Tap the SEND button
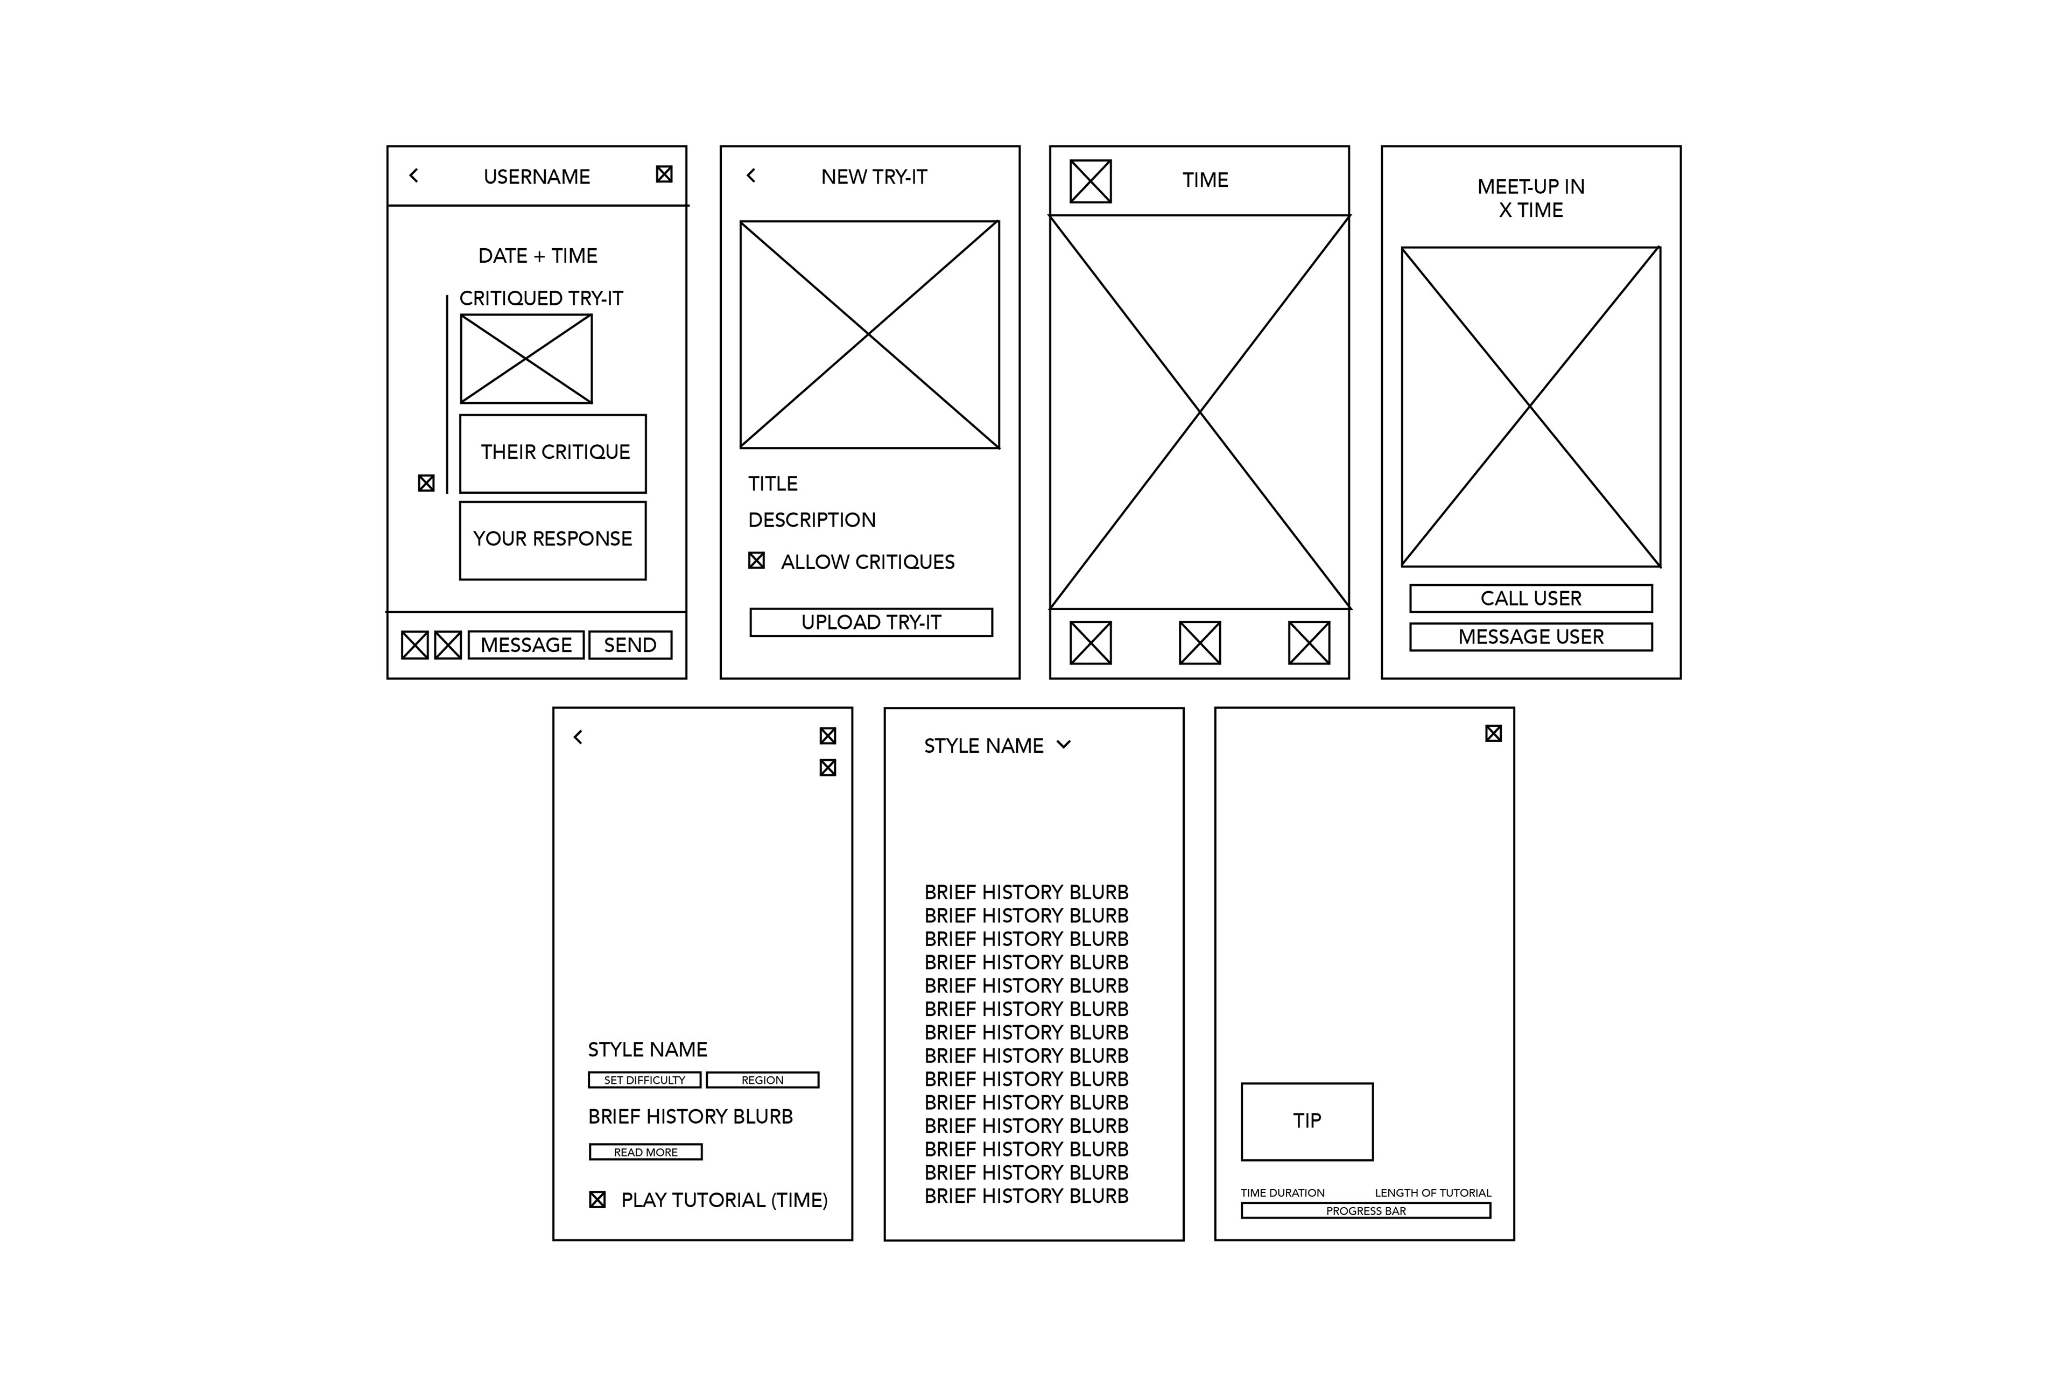coord(630,645)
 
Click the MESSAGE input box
coord(526,645)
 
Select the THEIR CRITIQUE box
coord(553,453)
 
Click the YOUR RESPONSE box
coord(553,541)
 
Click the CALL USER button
coord(1531,599)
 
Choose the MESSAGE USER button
coord(1531,637)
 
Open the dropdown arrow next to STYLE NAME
coord(1064,745)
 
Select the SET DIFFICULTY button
coord(645,1080)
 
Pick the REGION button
coord(763,1080)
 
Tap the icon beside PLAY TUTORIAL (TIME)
coord(597,1200)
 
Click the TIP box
coord(1307,1121)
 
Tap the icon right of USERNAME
coord(664,174)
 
